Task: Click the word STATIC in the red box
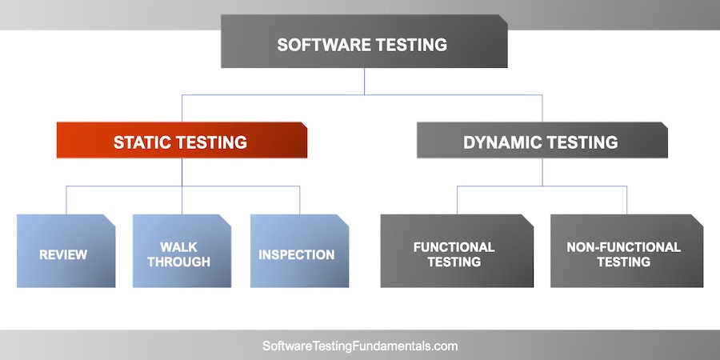point(142,143)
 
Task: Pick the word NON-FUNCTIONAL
point(624,247)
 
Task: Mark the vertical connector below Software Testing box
point(364,81)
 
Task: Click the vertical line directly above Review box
point(66,200)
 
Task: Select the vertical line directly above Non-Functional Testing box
point(627,200)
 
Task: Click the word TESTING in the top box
point(411,45)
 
